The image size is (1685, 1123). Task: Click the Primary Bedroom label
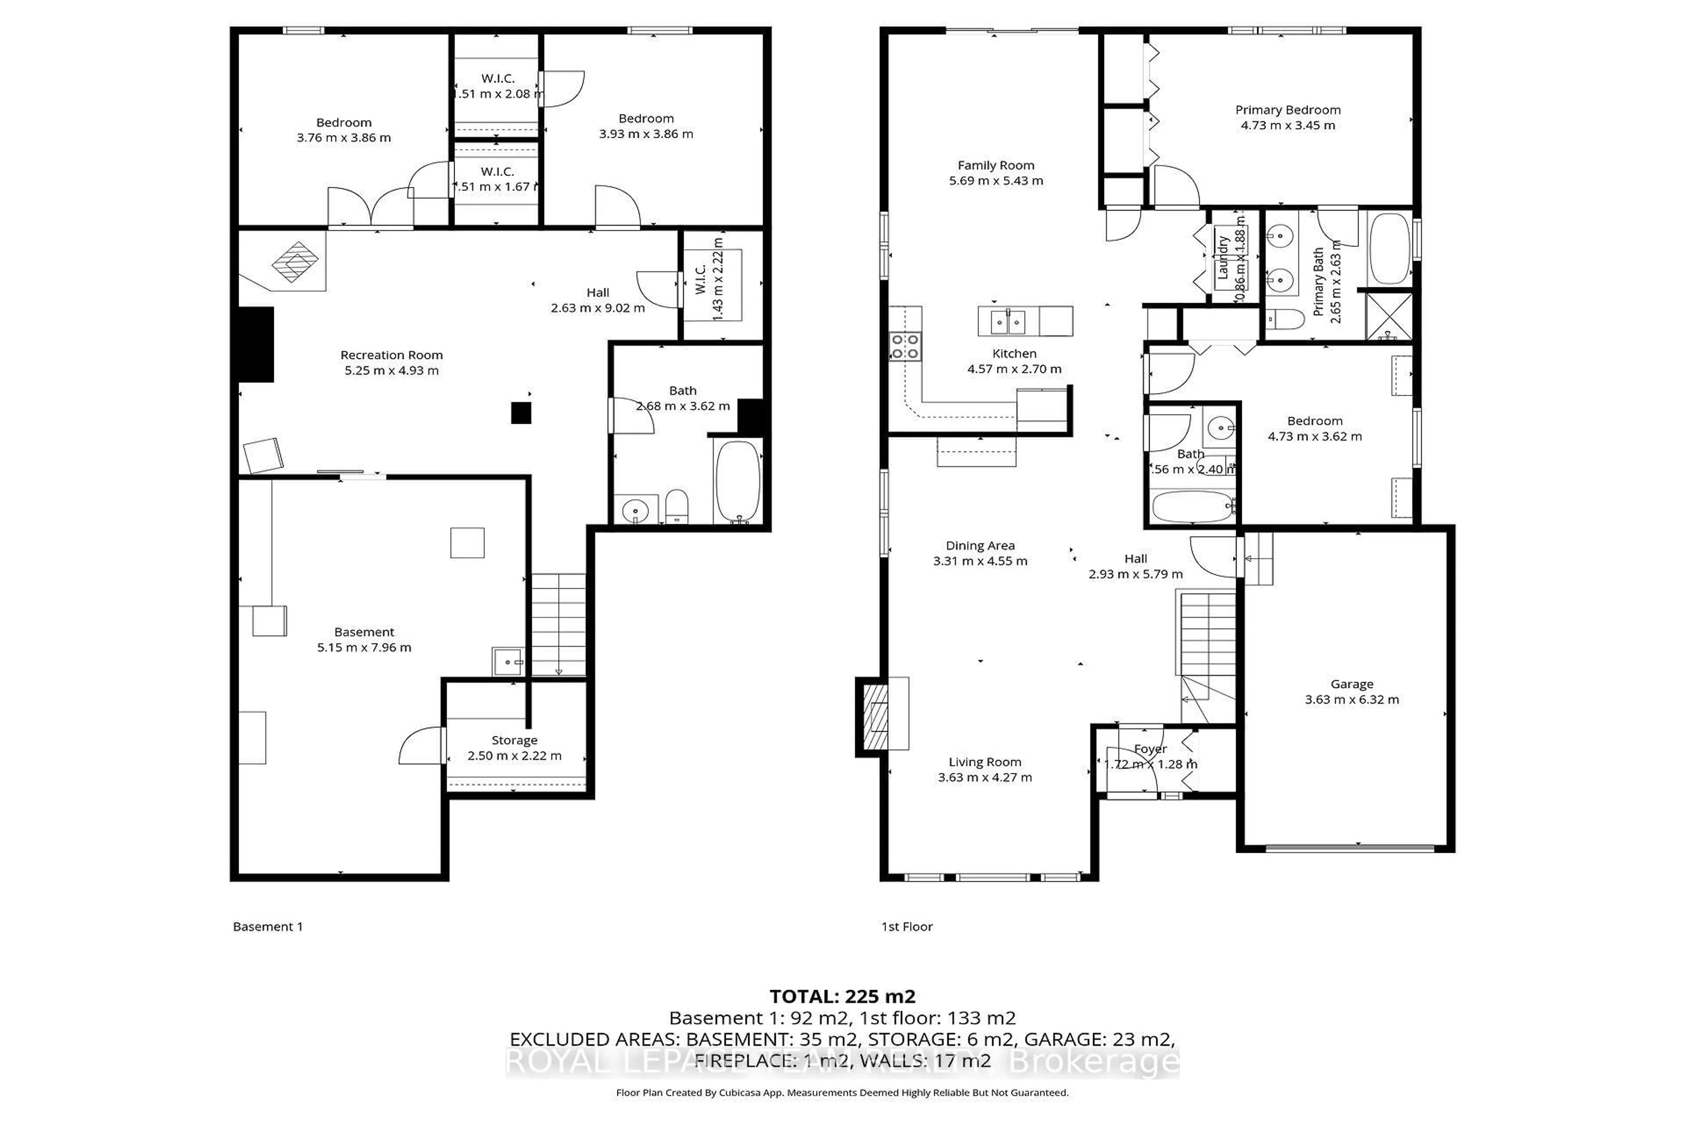pyautogui.click(x=1287, y=110)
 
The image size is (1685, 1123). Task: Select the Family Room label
pyautogui.click(x=995, y=165)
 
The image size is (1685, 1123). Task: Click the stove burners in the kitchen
pyautogui.click(x=905, y=346)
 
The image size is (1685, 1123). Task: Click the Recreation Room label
pyautogui.click(x=391, y=355)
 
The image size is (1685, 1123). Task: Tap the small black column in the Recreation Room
pyautogui.click(x=521, y=413)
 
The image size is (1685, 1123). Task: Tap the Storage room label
pyautogui.click(x=514, y=740)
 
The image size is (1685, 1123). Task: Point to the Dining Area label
pyautogui.click(x=979, y=546)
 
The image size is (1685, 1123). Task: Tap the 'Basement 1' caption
pyautogui.click(x=267, y=927)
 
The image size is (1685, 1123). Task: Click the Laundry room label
pyautogui.click(x=1223, y=258)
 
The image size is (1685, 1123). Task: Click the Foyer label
pyautogui.click(x=1150, y=749)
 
